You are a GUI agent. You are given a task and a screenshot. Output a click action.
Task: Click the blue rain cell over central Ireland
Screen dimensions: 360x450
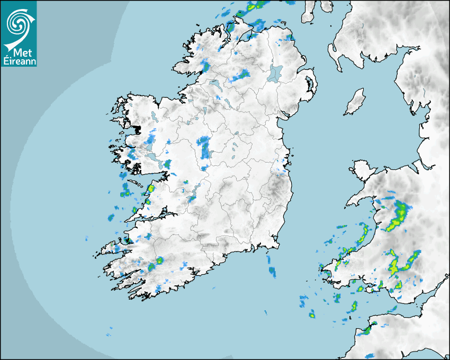(203, 147)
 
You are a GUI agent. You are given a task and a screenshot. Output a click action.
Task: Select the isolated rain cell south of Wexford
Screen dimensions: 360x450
(272, 271)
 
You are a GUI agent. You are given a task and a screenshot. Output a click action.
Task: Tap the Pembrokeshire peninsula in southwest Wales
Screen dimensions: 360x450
(331, 267)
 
